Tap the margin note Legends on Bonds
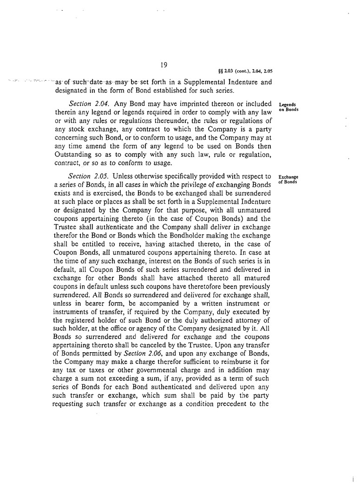[x=287, y=107]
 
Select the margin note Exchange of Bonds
[x=288, y=179]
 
